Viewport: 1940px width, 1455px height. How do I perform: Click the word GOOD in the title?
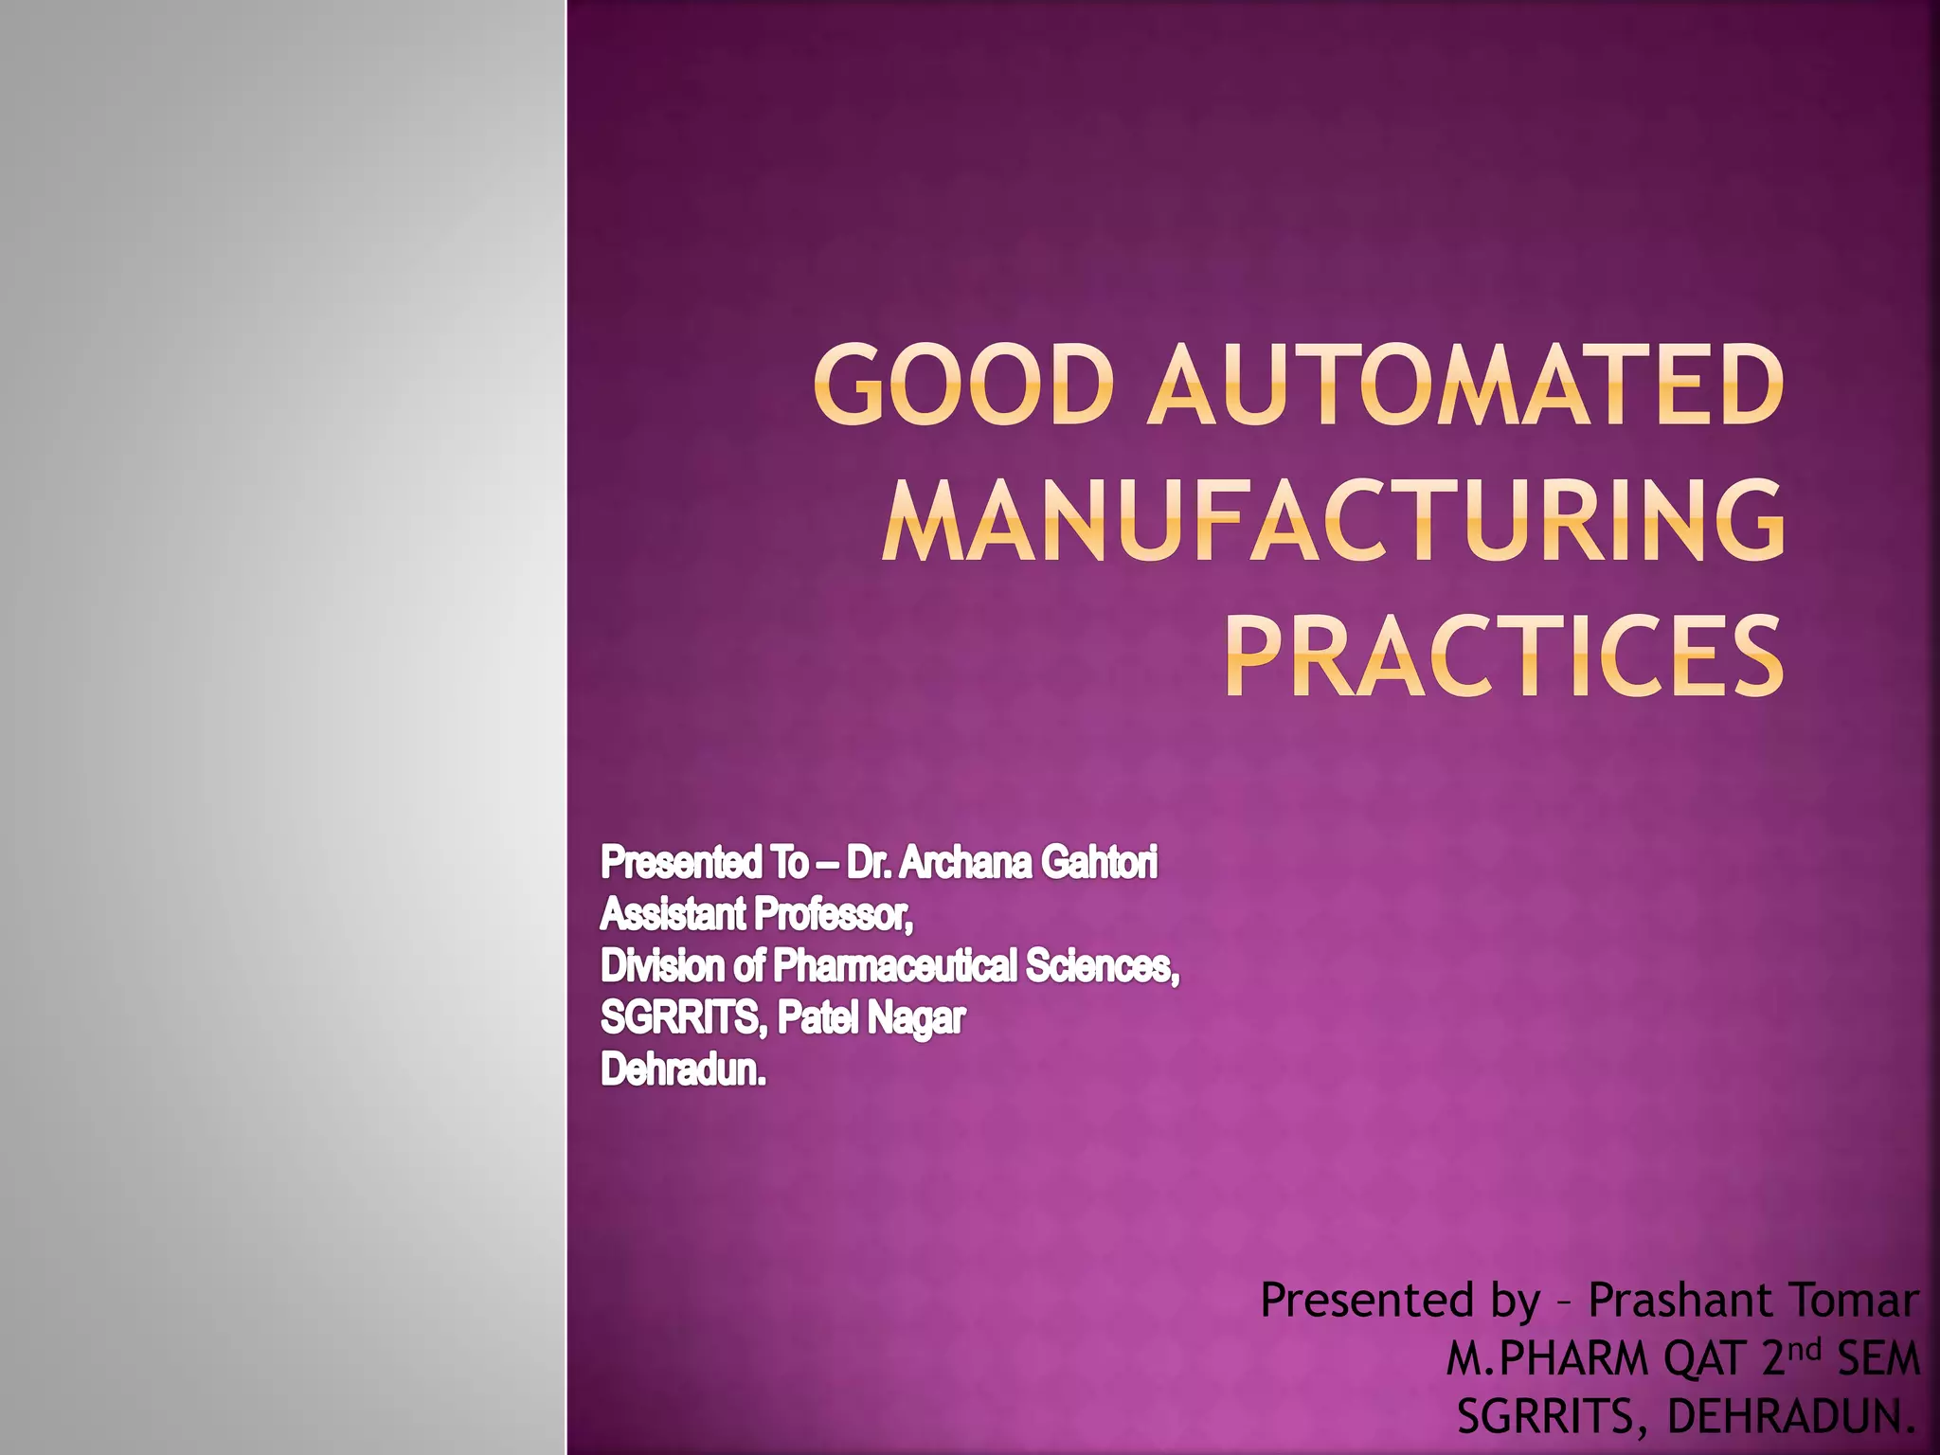point(961,386)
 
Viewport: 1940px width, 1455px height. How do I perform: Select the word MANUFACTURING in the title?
point(1333,521)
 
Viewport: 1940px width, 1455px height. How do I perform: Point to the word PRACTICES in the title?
point(1503,656)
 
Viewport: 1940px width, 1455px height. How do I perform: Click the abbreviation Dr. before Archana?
point(869,863)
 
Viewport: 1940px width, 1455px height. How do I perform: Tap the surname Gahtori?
point(1099,863)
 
